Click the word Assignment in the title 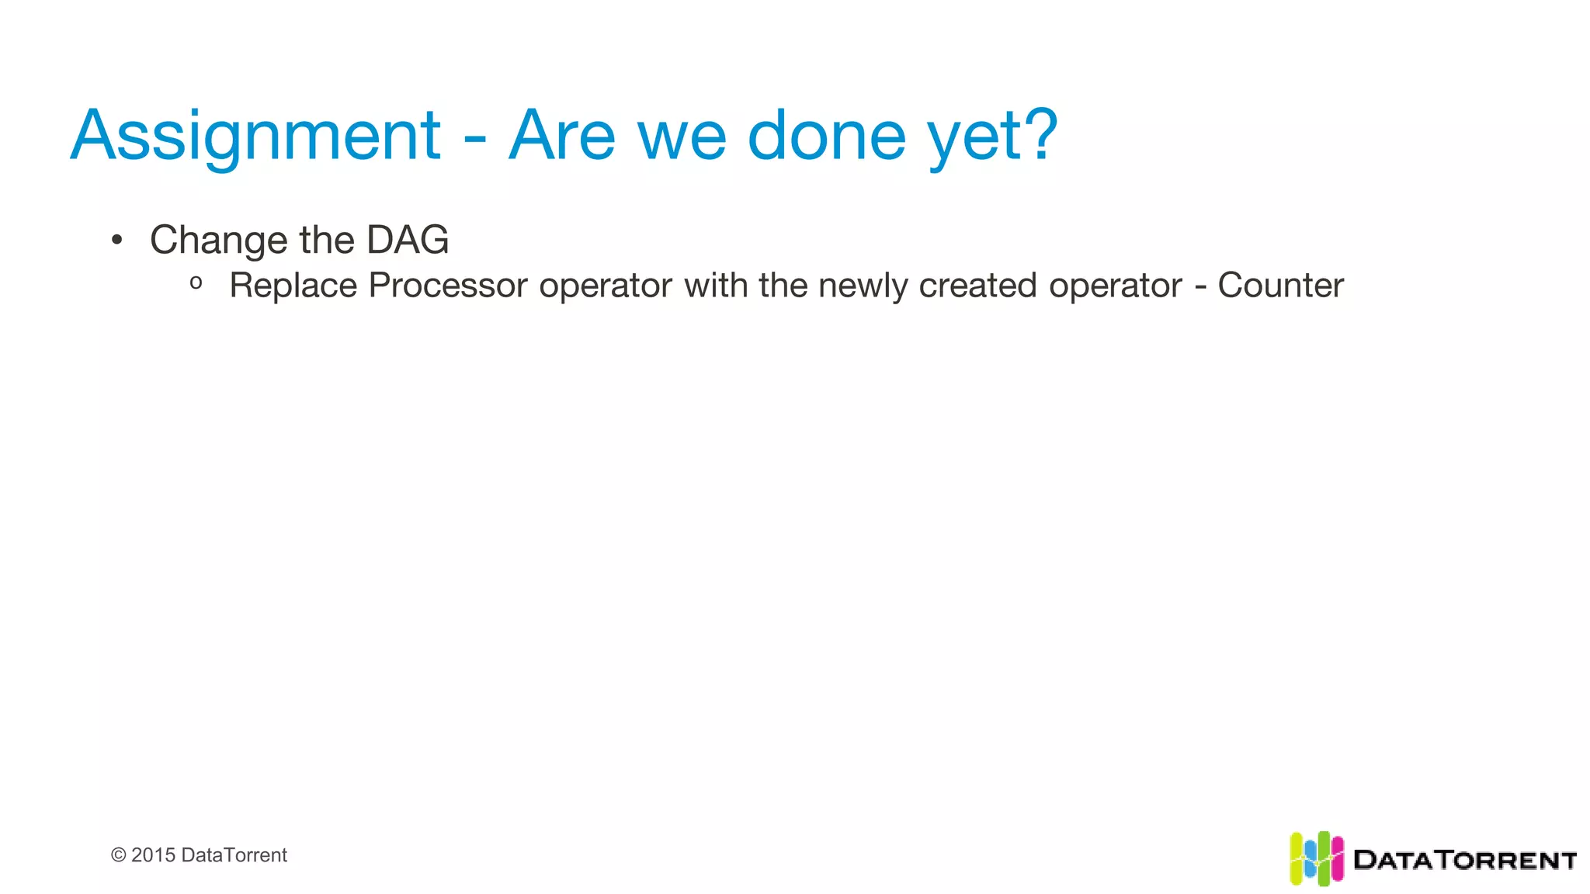tap(255, 137)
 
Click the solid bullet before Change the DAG tap(116, 240)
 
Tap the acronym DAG tap(408, 240)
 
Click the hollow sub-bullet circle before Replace tap(196, 284)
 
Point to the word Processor tap(448, 286)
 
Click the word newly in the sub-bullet tap(863, 286)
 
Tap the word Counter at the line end tap(1280, 286)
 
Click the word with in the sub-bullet tap(717, 286)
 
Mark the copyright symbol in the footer tap(118, 855)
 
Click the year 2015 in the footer tap(153, 855)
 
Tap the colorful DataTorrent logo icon tap(1316, 858)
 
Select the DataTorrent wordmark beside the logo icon tap(1464, 860)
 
